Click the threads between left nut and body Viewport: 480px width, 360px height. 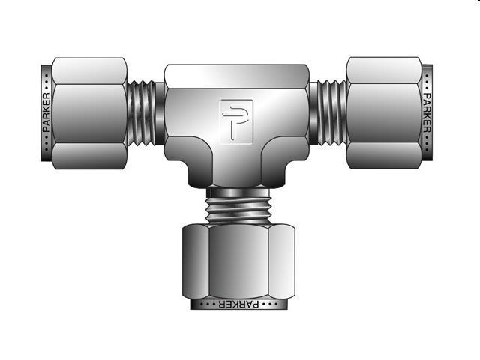click(145, 112)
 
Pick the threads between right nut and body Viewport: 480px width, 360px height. click(327, 112)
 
